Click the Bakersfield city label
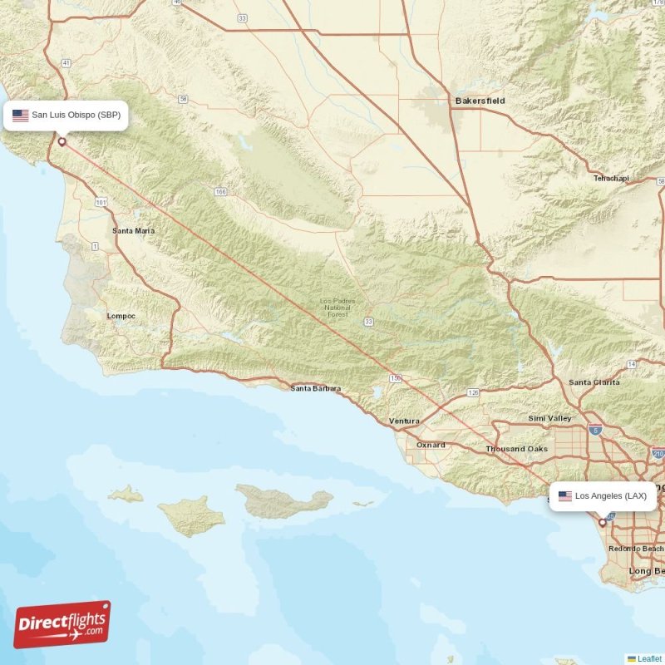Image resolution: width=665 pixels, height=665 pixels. point(480,101)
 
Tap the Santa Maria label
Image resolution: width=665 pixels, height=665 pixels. point(133,230)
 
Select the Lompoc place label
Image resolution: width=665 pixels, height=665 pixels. point(121,316)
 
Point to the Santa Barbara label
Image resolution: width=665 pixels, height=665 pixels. point(315,388)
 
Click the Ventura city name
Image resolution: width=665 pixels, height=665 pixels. point(404,421)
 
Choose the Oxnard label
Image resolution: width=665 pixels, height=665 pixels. point(431,445)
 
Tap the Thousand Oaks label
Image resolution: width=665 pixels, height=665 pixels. point(517,449)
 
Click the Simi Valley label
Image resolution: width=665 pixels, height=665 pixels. point(550,418)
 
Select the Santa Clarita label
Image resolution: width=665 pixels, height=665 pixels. point(594,382)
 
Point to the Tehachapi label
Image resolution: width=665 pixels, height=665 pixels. point(611,178)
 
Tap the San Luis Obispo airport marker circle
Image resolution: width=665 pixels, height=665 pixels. point(62,142)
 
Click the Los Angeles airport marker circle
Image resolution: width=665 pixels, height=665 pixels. point(603,523)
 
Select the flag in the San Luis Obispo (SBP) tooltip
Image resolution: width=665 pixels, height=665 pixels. point(20,116)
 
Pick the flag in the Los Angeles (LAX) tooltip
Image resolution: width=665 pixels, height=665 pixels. point(565,496)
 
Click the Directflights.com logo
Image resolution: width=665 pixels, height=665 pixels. point(62,624)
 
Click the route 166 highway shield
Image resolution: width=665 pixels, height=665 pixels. point(220,192)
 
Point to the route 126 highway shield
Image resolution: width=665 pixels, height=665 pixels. point(473,392)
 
